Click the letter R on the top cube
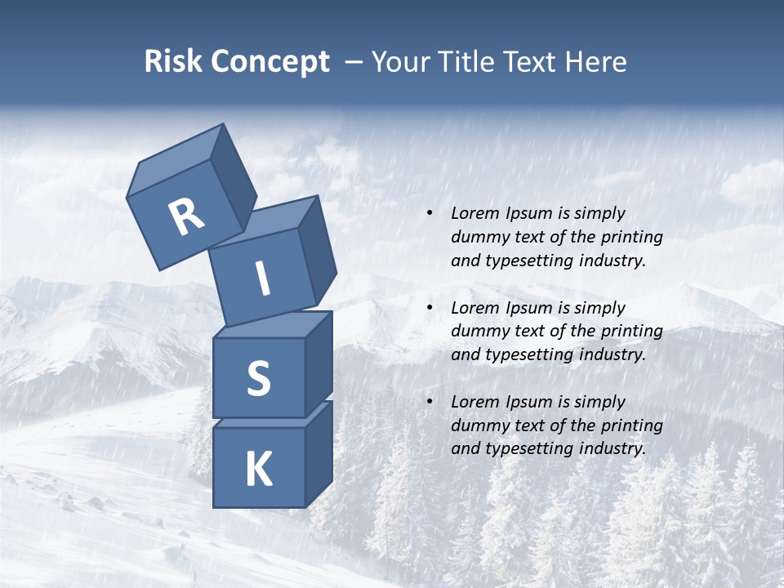pyautogui.click(x=186, y=217)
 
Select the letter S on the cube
pyautogui.click(x=258, y=378)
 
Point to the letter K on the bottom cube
pyautogui.click(x=258, y=470)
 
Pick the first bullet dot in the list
pyautogui.click(x=430, y=213)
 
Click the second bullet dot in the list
pyautogui.click(x=430, y=308)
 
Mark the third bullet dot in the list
pyautogui.click(x=430, y=402)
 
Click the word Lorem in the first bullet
pyautogui.click(x=474, y=213)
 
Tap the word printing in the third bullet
pyautogui.click(x=632, y=425)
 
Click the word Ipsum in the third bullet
pyautogui.click(x=528, y=402)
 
